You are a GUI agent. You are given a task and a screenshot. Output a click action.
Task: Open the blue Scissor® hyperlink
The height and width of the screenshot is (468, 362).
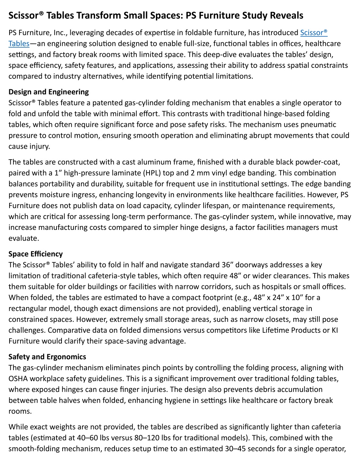pos(314,33)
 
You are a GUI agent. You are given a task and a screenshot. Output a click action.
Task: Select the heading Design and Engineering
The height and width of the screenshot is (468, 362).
pos(48,92)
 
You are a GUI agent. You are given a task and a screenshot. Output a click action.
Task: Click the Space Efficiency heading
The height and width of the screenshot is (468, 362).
pos(35,254)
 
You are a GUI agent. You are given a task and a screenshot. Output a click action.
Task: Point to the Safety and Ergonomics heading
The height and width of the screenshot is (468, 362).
pos(47,357)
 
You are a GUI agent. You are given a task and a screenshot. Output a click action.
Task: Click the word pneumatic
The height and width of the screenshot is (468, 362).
pos(320,125)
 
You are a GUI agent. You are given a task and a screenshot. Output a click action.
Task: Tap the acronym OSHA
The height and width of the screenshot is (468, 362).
pos(18,379)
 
